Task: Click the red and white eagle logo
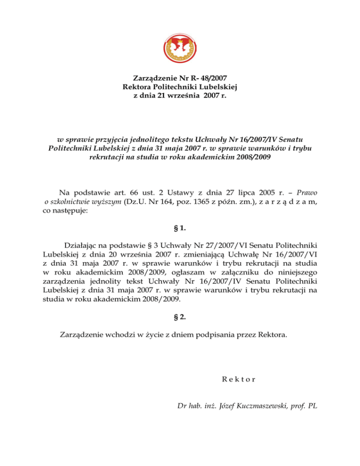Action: [x=180, y=46]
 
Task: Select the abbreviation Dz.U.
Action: [x=133, y=202]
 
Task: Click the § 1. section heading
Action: [x=180, y=229]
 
